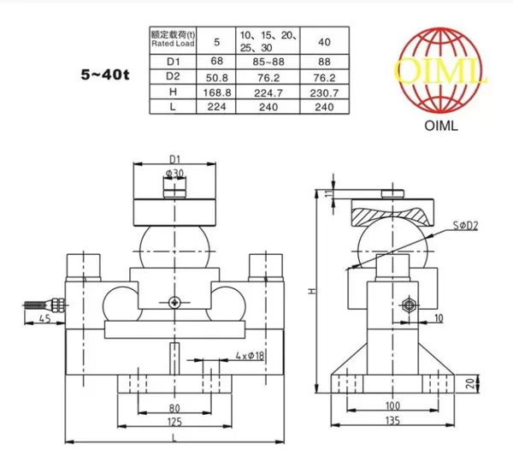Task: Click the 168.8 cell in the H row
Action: (217, 92)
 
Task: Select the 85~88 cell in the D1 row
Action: (268, 62)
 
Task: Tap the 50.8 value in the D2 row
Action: (217, 78)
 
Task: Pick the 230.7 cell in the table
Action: (324, 93)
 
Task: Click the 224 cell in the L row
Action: (216, 107)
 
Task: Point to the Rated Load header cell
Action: (173, 39)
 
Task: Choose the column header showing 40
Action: (324, 42)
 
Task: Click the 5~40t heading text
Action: (105, 75)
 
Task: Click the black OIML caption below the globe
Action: (440, 126)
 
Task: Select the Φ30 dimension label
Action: (174, 173)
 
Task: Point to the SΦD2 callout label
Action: (465, 226)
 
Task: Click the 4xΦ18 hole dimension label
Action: (250, 355)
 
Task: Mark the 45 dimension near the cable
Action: (44, 318)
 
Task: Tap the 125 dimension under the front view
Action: (174, 422)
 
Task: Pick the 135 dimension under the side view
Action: (392, 420)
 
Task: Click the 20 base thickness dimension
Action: (470, 383)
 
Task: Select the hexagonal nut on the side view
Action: (408, 305)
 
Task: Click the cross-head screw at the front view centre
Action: (174, 302)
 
